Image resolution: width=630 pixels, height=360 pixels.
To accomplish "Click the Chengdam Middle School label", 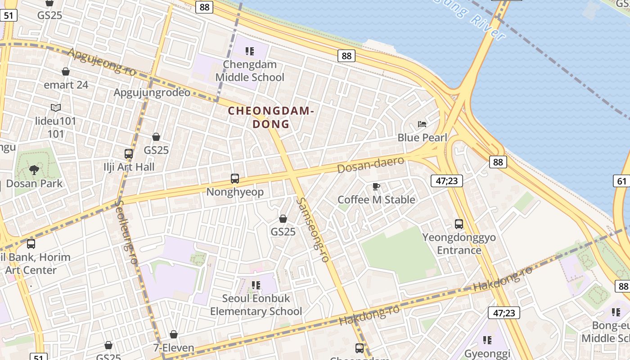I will [250, 71].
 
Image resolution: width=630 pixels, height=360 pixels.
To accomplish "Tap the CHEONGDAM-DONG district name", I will [270, 117].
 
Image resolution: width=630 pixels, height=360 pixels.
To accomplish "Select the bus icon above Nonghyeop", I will [234, 179].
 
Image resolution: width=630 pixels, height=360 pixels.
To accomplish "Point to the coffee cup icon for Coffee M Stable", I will [376, 186].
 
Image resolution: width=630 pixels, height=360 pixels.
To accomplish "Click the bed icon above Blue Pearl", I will [422, 124].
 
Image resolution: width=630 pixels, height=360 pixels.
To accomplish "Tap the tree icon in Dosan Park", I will [34, 170].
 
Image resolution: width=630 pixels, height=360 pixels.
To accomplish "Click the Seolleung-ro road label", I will [126, 232].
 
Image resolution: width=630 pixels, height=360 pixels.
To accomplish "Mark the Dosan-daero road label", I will [370, 165].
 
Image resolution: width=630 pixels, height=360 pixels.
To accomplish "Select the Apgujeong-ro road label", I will [102, 62].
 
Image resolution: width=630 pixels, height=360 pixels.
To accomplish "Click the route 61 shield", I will [621, 181].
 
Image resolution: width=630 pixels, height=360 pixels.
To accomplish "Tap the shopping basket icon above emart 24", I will [66, 72].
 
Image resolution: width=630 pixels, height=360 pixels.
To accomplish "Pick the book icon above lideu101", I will [56, 108].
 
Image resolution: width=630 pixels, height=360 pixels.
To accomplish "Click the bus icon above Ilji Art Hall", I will [129, 153].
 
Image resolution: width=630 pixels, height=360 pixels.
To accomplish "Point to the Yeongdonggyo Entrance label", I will [459, 243].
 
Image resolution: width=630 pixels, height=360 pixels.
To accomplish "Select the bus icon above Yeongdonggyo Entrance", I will [459, 224].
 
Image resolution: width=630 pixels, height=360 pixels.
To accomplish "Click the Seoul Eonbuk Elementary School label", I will [256, 305].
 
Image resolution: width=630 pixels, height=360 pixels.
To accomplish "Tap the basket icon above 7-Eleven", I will [174, 334].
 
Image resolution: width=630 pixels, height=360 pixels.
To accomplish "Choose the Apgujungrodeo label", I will [152, 93].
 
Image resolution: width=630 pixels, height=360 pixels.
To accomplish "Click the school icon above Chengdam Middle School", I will [250, 51].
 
